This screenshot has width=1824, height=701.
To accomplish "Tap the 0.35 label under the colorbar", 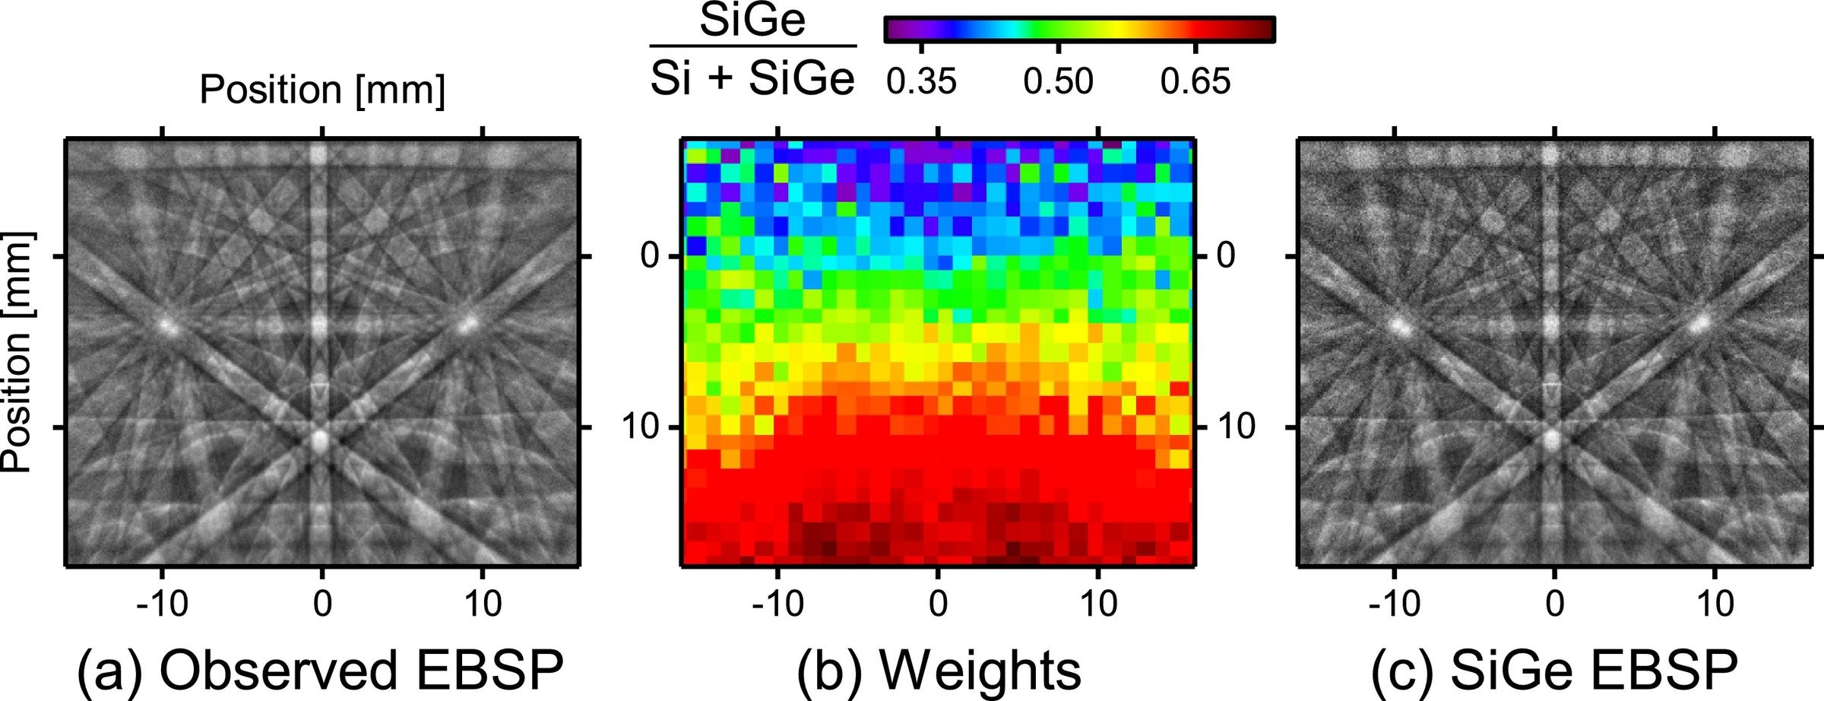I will [920, 81].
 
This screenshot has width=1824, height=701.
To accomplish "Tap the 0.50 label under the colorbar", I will [1058, 81].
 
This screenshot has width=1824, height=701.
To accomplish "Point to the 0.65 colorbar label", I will [1195, 81].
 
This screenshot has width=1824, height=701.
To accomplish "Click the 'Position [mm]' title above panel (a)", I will [322, 90].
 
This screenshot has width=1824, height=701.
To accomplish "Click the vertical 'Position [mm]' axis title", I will [17, 351].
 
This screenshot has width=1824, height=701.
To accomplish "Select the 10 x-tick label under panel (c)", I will [1715, 604].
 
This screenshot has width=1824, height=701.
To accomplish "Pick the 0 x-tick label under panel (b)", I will [938, 604].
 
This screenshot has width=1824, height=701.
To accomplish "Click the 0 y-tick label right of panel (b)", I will [1225, 255].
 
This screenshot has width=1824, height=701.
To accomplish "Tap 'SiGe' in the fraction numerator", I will [752, 21].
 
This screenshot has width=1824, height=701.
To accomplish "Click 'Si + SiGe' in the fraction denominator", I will [752, 78].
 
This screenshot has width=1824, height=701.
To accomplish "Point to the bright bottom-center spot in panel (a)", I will [320, 439].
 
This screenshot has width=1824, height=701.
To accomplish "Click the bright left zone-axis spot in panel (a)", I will [166, 327].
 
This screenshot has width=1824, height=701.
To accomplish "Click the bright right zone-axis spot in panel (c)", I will [1701, 322].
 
